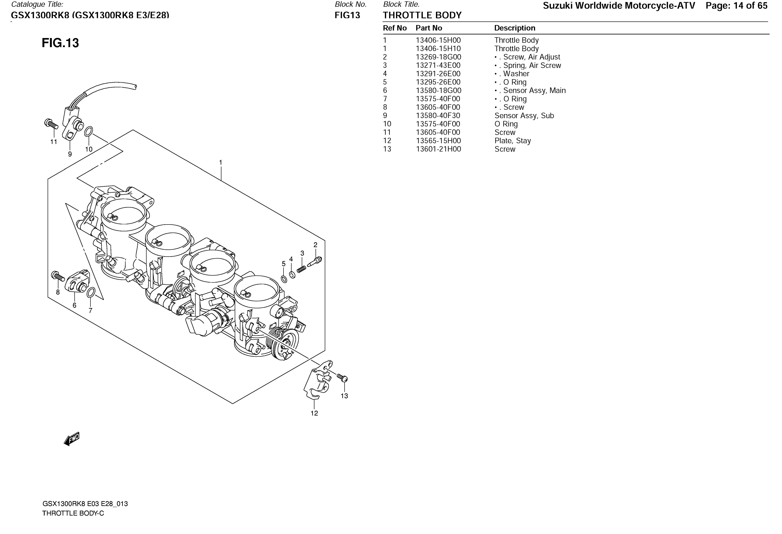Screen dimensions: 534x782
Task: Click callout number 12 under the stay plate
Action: point(314,413)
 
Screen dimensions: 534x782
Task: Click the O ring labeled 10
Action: point(88,131)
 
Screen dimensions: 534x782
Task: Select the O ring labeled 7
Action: point(91,293)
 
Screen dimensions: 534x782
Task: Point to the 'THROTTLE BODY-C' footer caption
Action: point(73,513)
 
